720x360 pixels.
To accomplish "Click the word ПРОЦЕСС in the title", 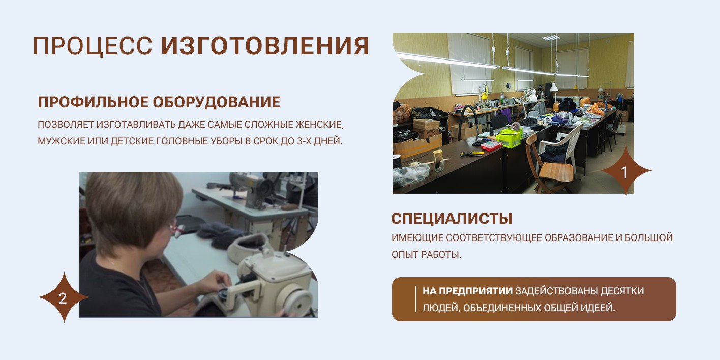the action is point(92,46).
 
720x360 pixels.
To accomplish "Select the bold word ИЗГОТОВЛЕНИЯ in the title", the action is point(265,45).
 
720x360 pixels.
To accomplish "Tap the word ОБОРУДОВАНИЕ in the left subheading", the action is point(216,102).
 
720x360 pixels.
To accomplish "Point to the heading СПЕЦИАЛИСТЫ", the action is point(452,219).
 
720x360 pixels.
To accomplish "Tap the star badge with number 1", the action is point(625,171).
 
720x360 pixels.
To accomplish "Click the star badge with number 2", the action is point(64,297).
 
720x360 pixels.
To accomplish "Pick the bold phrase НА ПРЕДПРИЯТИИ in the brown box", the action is point(467,291).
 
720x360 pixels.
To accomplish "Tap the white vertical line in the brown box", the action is point(415,299).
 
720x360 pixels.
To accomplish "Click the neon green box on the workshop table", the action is point(509,137).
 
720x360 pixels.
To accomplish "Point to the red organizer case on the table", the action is point(491,146).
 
